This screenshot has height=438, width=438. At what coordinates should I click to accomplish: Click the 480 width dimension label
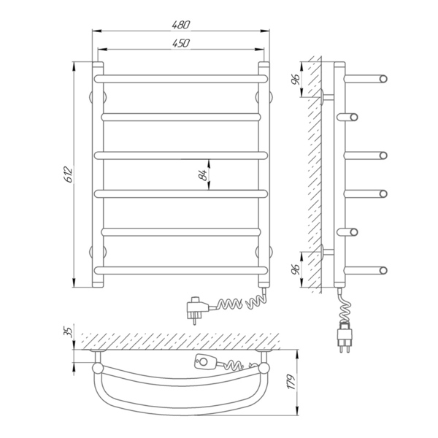pyautogui.click(x=181, y=25)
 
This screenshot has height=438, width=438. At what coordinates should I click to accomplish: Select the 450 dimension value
pyautogui.click(x=181, y=43)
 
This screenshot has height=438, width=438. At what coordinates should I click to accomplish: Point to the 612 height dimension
pyautogui.click(x=69, y=174)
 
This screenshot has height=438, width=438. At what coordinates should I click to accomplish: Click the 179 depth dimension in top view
pyautogui.click(x=291, y=382)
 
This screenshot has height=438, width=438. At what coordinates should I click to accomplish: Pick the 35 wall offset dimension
pyautogui.click(x=69, y=331)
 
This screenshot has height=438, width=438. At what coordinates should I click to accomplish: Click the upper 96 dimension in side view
pyautogui.click(x=296, y=80)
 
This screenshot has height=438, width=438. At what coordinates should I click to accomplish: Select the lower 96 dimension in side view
pyautogui.click(x=296, y=269)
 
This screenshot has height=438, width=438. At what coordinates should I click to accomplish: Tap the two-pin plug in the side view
pyautogui.click(x=345, y=337)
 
